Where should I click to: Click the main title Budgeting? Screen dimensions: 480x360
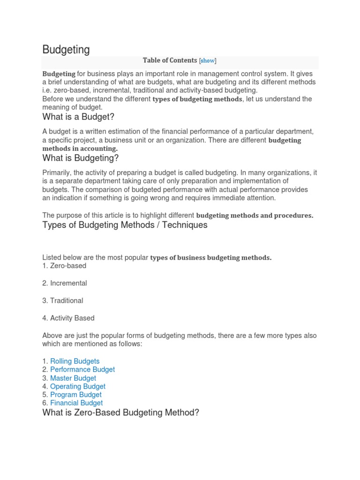coord(66,50)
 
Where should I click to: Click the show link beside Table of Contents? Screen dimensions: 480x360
coord(208,60)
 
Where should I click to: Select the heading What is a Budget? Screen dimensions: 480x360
coord(78,117)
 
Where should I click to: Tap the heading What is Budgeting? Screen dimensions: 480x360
coord(81,158)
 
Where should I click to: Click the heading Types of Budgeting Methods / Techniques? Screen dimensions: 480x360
coord(125,225)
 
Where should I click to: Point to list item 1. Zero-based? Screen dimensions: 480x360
coord(64,266)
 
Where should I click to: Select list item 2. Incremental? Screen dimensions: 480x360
coord(65,283)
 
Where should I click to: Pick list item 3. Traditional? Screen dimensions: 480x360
coord(63,300)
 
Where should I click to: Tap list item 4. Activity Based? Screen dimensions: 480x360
coord(68,318)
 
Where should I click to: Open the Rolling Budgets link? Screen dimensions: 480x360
coord(75,361)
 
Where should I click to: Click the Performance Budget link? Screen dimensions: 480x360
coord(82,369)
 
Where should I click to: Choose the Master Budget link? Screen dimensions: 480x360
coord(73,378)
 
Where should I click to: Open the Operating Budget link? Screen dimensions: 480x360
coord(78,387)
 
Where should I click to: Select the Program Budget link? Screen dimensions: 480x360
coord(76,395)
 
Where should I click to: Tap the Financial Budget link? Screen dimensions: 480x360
coord(76,403)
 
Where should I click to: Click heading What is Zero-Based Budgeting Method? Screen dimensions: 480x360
coord(120,413)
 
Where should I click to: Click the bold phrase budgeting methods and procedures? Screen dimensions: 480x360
coord(255,216)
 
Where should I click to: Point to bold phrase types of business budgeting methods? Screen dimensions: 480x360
coord(210,258)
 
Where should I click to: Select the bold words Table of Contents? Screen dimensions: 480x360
coord(170,60)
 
